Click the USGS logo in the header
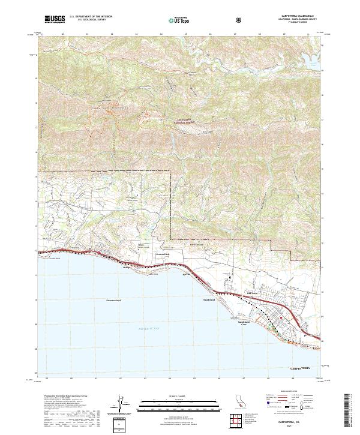[55, 19]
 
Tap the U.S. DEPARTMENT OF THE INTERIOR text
[91, 17]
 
